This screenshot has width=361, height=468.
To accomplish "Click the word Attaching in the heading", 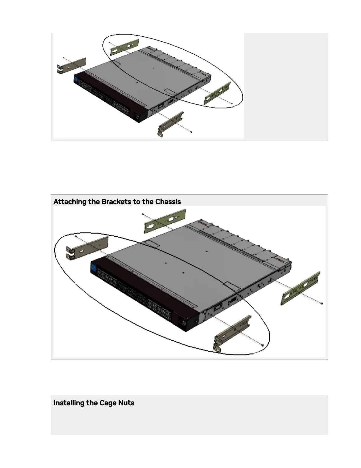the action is tap(70, 202).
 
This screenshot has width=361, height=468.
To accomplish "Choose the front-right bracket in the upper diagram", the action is tap(171, 123).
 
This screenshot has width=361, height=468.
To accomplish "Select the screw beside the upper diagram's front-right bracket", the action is tap(192, 132).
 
